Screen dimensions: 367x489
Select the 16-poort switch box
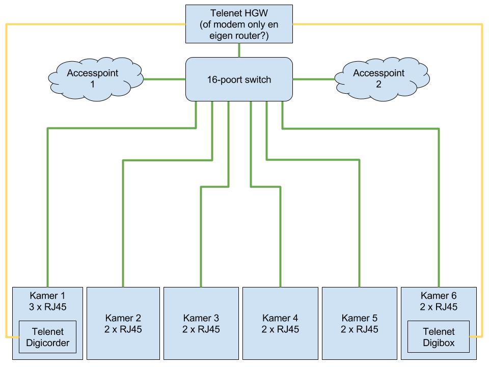239,80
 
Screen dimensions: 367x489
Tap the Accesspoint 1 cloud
93,78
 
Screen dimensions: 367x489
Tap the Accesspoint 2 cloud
378,78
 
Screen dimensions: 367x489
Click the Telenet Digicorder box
48,337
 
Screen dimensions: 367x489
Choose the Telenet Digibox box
439,337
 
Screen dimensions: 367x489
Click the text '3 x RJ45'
48,306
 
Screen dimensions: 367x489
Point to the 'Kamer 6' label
439,295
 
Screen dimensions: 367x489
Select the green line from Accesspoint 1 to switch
165,79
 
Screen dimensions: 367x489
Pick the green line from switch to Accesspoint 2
313,79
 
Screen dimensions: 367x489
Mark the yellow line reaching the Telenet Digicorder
7,204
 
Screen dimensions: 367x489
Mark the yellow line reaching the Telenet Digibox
482,204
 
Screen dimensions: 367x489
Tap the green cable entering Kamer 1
47,229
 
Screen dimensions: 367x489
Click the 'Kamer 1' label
48,295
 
